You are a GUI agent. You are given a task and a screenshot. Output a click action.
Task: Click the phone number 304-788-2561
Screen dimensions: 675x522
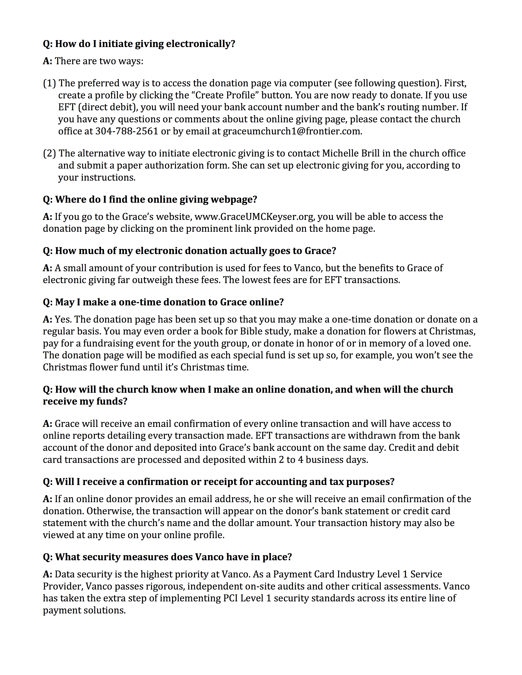coord(127,131)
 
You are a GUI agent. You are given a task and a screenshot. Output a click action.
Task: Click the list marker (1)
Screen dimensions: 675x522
coord(50,83)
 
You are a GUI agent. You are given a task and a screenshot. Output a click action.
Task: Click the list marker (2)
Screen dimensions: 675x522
coord(50,153)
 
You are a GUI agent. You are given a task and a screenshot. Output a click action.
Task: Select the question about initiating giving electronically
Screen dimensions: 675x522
coord(139,44)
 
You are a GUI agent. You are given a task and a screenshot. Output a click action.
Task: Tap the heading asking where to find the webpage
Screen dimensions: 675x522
coord(150,199)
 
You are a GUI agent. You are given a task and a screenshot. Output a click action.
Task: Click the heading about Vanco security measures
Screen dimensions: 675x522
coord(167,557)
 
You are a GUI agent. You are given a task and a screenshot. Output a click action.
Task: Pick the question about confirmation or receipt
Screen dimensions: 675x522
coord(219,482)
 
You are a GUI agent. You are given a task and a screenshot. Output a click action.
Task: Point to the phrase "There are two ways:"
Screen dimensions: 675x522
coord(99,61)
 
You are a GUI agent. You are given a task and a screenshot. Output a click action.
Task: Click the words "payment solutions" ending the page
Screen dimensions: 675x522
coord(84,610)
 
